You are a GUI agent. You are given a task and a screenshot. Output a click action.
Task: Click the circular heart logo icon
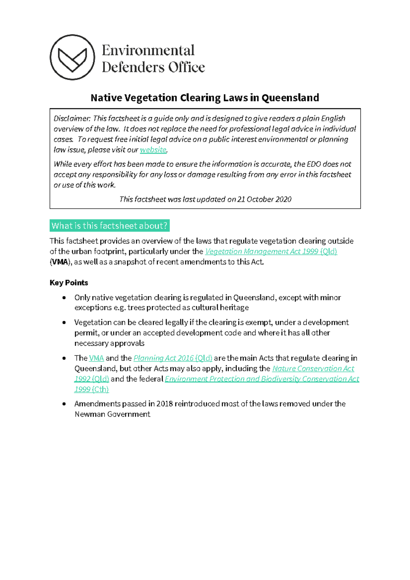click(x=72, y=57)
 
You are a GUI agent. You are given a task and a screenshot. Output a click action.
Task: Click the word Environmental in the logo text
click(x=148, y=51)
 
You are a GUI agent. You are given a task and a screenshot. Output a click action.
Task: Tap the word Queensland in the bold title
click(x=290, y=98)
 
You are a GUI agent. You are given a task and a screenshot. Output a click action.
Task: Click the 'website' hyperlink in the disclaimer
click(x=153, y=150)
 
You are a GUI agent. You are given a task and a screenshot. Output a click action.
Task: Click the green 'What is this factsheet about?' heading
click(x=109, y=226)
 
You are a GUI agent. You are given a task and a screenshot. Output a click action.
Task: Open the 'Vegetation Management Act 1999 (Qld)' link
click(x=271, y=251)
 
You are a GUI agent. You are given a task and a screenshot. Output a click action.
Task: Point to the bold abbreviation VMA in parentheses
click(x=60, y=262)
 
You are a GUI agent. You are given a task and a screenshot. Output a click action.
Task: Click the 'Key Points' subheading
click(x=69, y=282)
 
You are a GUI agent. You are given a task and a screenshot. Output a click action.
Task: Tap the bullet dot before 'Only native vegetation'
click(x=64, y=298)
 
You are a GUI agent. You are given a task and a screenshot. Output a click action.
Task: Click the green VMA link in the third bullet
click(x=96, y=358)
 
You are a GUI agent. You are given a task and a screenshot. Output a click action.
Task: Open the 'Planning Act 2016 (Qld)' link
click(x=173, y=358)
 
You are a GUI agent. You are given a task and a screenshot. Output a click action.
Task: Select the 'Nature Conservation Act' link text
click(x=313, y=369)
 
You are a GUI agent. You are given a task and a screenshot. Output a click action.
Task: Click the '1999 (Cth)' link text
click(x=91, y=389)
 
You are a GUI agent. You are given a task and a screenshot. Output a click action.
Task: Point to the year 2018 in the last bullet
click(x=165, y=404)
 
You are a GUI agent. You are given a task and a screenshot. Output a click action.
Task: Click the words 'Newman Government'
click(x=112, y=414)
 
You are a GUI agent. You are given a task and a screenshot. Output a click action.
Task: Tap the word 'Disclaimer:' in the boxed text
click(x=72, y=119)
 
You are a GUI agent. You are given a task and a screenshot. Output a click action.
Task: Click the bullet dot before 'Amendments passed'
click(x=64, y=404)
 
